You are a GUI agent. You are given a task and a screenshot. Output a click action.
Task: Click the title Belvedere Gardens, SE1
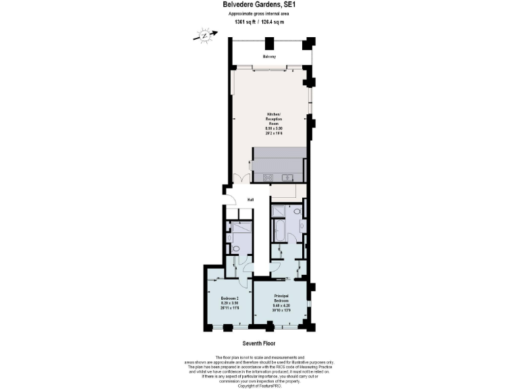259,5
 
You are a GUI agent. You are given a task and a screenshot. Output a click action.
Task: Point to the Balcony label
269,56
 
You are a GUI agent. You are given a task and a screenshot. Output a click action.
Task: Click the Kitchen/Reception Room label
273,119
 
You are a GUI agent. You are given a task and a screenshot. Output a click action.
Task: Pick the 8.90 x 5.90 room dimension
273,128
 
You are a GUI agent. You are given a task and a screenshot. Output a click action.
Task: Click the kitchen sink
288,178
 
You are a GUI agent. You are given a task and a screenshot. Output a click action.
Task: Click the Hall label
250,199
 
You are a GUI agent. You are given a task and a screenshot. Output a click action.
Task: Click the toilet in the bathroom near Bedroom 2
235,249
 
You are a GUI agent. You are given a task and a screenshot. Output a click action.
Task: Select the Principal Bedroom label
281,298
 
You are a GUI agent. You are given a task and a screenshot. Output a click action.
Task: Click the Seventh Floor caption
259,343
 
